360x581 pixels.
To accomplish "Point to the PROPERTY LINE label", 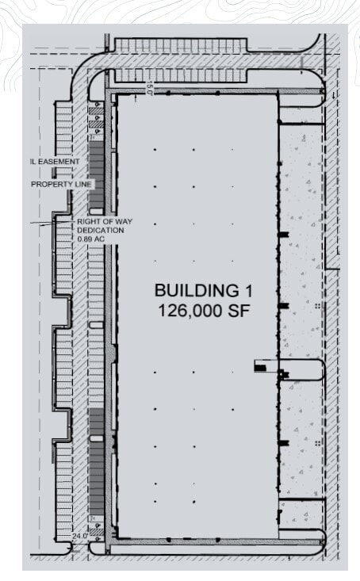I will (x=62, y=184).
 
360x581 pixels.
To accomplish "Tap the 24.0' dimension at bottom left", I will (x=81, y=537).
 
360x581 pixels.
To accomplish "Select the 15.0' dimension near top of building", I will (x=149, y=90).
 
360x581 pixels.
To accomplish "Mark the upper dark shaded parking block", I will (x=96, y=170).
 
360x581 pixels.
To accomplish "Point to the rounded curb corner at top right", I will (x=321, y=76).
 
